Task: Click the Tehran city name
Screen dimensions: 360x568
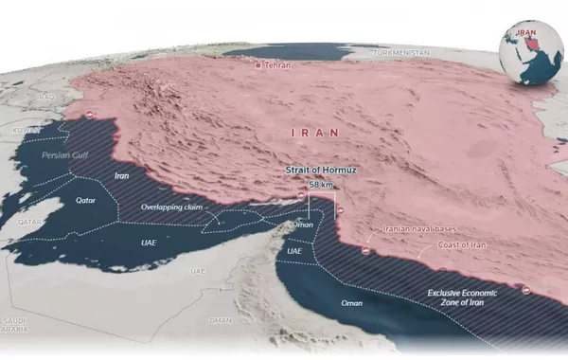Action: [x=278, y=65]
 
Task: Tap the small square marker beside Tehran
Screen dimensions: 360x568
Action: [x=260, y=65]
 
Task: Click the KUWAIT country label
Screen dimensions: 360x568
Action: [x=26, y=129]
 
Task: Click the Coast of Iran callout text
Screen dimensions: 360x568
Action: [x=464, y=246]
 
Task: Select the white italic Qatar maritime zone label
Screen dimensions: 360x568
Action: [x=85, y=201]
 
